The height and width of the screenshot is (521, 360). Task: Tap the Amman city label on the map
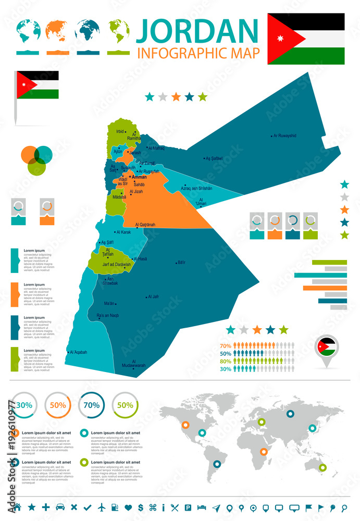pyautogui.click(x=139, y=177)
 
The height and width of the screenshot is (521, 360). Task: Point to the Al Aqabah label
pyautogui.click(x=79, y=352)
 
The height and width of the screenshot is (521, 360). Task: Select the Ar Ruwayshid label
pyautogui.click(x=284, y=135)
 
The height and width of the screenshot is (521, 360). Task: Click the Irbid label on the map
pyautogui.click(x=120, y=131)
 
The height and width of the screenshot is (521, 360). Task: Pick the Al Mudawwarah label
pyautogui.click(x=134, y=363)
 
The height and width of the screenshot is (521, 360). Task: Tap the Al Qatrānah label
pyautogui.click(x=145, y=225)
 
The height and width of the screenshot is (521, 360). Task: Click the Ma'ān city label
pyautogui.click(x=109, y=303)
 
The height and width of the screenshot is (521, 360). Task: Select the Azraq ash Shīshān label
pyautogui.click(x=196, y=188)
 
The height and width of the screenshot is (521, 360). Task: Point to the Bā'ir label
pyautogui.click(x=181, y=262)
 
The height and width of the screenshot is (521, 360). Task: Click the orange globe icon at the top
pyautogui.click(x=55, y=31)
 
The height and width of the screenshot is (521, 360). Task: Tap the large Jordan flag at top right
pyautogui.click(x=306, y=39)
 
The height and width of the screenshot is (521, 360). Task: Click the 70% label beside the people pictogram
pyautogui.click(x=226, y=346)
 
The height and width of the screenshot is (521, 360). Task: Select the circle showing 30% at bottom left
pyautogui.click(x=24, y=405)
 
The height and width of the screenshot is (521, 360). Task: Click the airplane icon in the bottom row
pyautogui.click(x=101, y=507)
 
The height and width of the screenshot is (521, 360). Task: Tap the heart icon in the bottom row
pyautogui.click(x=128, y=507)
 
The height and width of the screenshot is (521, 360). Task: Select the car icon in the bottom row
pyautogui.click(x=60, y=507)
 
